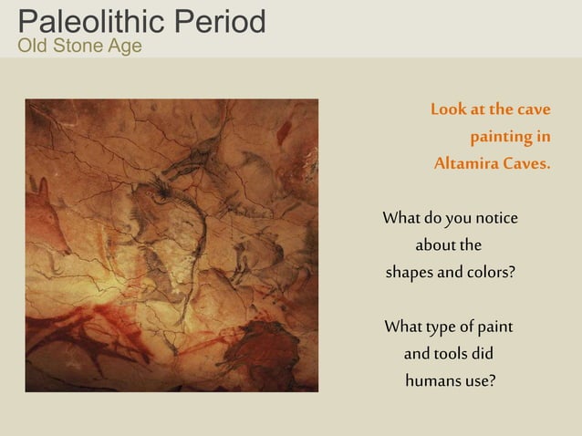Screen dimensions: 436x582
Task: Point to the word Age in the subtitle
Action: pyautogui.click(x=124, y=46)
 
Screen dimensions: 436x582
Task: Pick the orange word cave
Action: pyautogui.click(x=534, y=109)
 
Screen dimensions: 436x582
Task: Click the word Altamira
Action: pyautogui.click(x=466, y=165)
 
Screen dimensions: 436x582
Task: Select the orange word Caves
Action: pyautogui.click(x=526, y=165)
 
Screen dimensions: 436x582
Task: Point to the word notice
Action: pyautogui.click(x=496, y=218)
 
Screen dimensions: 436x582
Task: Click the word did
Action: pyautogui.click(x=483, y=353)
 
